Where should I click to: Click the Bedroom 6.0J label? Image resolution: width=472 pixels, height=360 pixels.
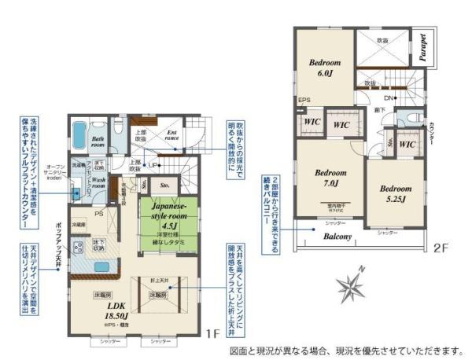323,67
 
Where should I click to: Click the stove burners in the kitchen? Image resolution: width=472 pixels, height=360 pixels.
79,248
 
